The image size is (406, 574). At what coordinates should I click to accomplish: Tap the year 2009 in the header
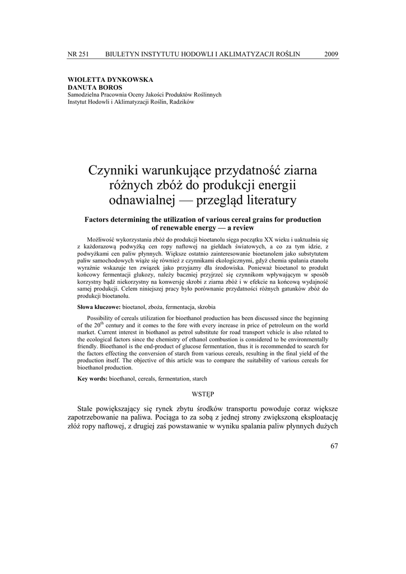click(x=331, y=54)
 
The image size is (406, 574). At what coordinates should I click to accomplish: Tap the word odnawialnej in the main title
click(x=142, y=199)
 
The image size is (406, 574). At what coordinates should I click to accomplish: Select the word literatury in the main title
click(x=265, y=199)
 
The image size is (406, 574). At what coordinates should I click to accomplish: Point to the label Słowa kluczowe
click(x=99, y=308)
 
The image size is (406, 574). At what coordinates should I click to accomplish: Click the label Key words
click(x=92, y=379)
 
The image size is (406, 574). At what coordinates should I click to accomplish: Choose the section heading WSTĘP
click(x=203, y=395)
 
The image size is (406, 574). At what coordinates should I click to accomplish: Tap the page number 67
click(x=334, y=446)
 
